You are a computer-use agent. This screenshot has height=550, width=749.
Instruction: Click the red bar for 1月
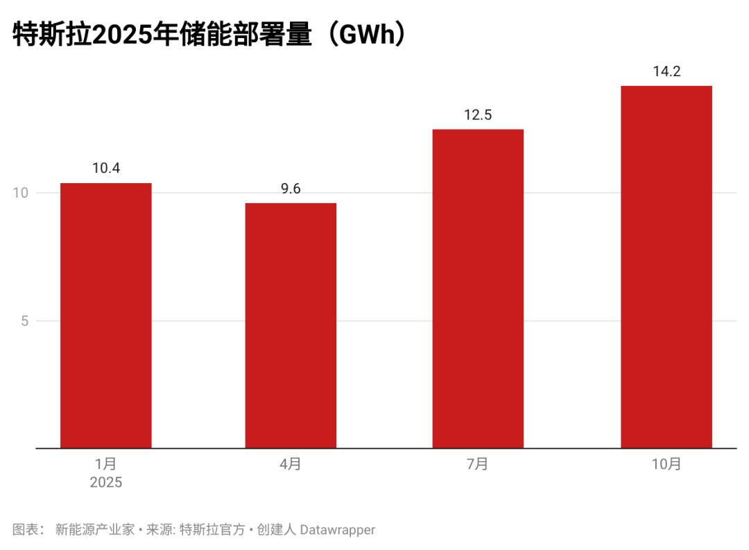click(x=106, y=316)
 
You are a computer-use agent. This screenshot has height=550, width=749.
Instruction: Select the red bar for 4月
click(x=291, y=326)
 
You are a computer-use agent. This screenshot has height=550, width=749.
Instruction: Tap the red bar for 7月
click(x=478, y=289)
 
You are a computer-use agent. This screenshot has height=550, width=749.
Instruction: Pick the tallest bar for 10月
click(x=666, y=267)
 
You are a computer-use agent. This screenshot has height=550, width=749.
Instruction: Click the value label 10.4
click(x=106, y=168)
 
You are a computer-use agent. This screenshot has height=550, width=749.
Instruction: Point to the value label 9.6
click(x=291, y=188)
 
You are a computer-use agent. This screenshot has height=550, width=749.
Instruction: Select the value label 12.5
click(x=478, y=114)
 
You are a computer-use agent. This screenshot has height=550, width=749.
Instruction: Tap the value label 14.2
click(x=666, y=71)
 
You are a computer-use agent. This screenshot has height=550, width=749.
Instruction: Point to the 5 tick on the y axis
click(x=24, y=321)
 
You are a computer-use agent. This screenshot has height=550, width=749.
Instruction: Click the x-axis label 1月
click(x=106, y=464)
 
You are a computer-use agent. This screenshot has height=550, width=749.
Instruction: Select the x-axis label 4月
click(x=291, y=464)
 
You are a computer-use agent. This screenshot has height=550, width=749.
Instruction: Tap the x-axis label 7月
click(x=478, y=464)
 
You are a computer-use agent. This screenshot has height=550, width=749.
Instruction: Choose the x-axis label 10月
click(x=666, y=464)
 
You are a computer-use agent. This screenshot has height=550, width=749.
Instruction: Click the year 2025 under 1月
click(x=106, y=483)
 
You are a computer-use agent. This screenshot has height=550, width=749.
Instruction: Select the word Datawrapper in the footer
click(x=337, y=530)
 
